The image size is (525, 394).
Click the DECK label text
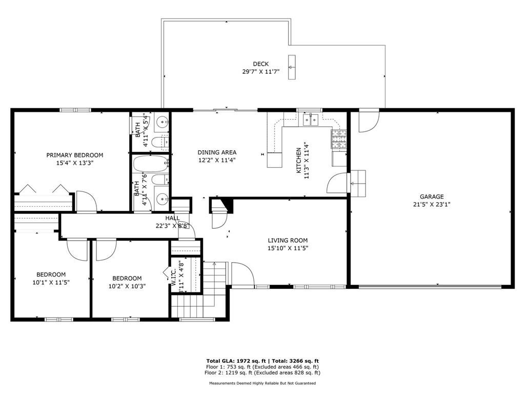click(260, 64)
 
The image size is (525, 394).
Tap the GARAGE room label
click(431, 196)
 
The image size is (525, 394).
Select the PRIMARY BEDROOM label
click(75, 155)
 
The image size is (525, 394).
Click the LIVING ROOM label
click(288, 240)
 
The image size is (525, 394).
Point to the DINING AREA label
click(217, 152)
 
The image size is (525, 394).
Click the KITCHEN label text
click(299, 161)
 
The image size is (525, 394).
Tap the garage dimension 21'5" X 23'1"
click(431, 204)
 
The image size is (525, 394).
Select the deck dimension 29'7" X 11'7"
click(260, 72)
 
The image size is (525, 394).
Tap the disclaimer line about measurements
click(262, 383)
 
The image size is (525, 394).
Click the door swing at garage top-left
click(367, 121)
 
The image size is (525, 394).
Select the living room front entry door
click(243, 274)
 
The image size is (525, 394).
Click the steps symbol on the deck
click(292, 67)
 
